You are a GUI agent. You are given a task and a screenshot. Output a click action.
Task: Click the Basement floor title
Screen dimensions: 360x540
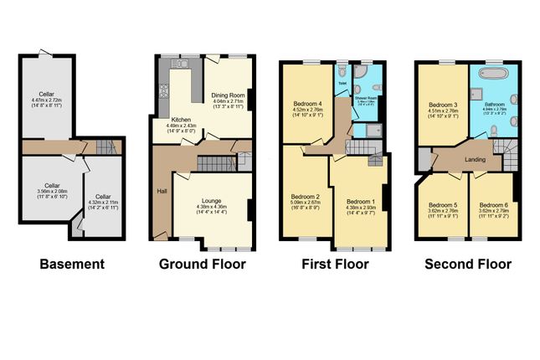[x=73, y=265]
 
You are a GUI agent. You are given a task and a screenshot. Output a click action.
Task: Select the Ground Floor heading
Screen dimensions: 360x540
[x=203, y=265]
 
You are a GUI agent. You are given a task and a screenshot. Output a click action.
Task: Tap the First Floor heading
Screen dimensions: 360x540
[x=335, y=265]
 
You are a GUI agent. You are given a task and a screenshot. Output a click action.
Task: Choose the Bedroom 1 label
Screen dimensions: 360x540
[x=363, y=201]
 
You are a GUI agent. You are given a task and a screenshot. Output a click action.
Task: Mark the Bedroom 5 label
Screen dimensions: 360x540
[x=443, y=205]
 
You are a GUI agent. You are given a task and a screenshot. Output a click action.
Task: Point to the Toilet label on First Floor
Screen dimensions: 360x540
[x=342, y=83]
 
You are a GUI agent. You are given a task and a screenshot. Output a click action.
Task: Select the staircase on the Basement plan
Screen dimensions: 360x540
[x=105, y=148]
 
